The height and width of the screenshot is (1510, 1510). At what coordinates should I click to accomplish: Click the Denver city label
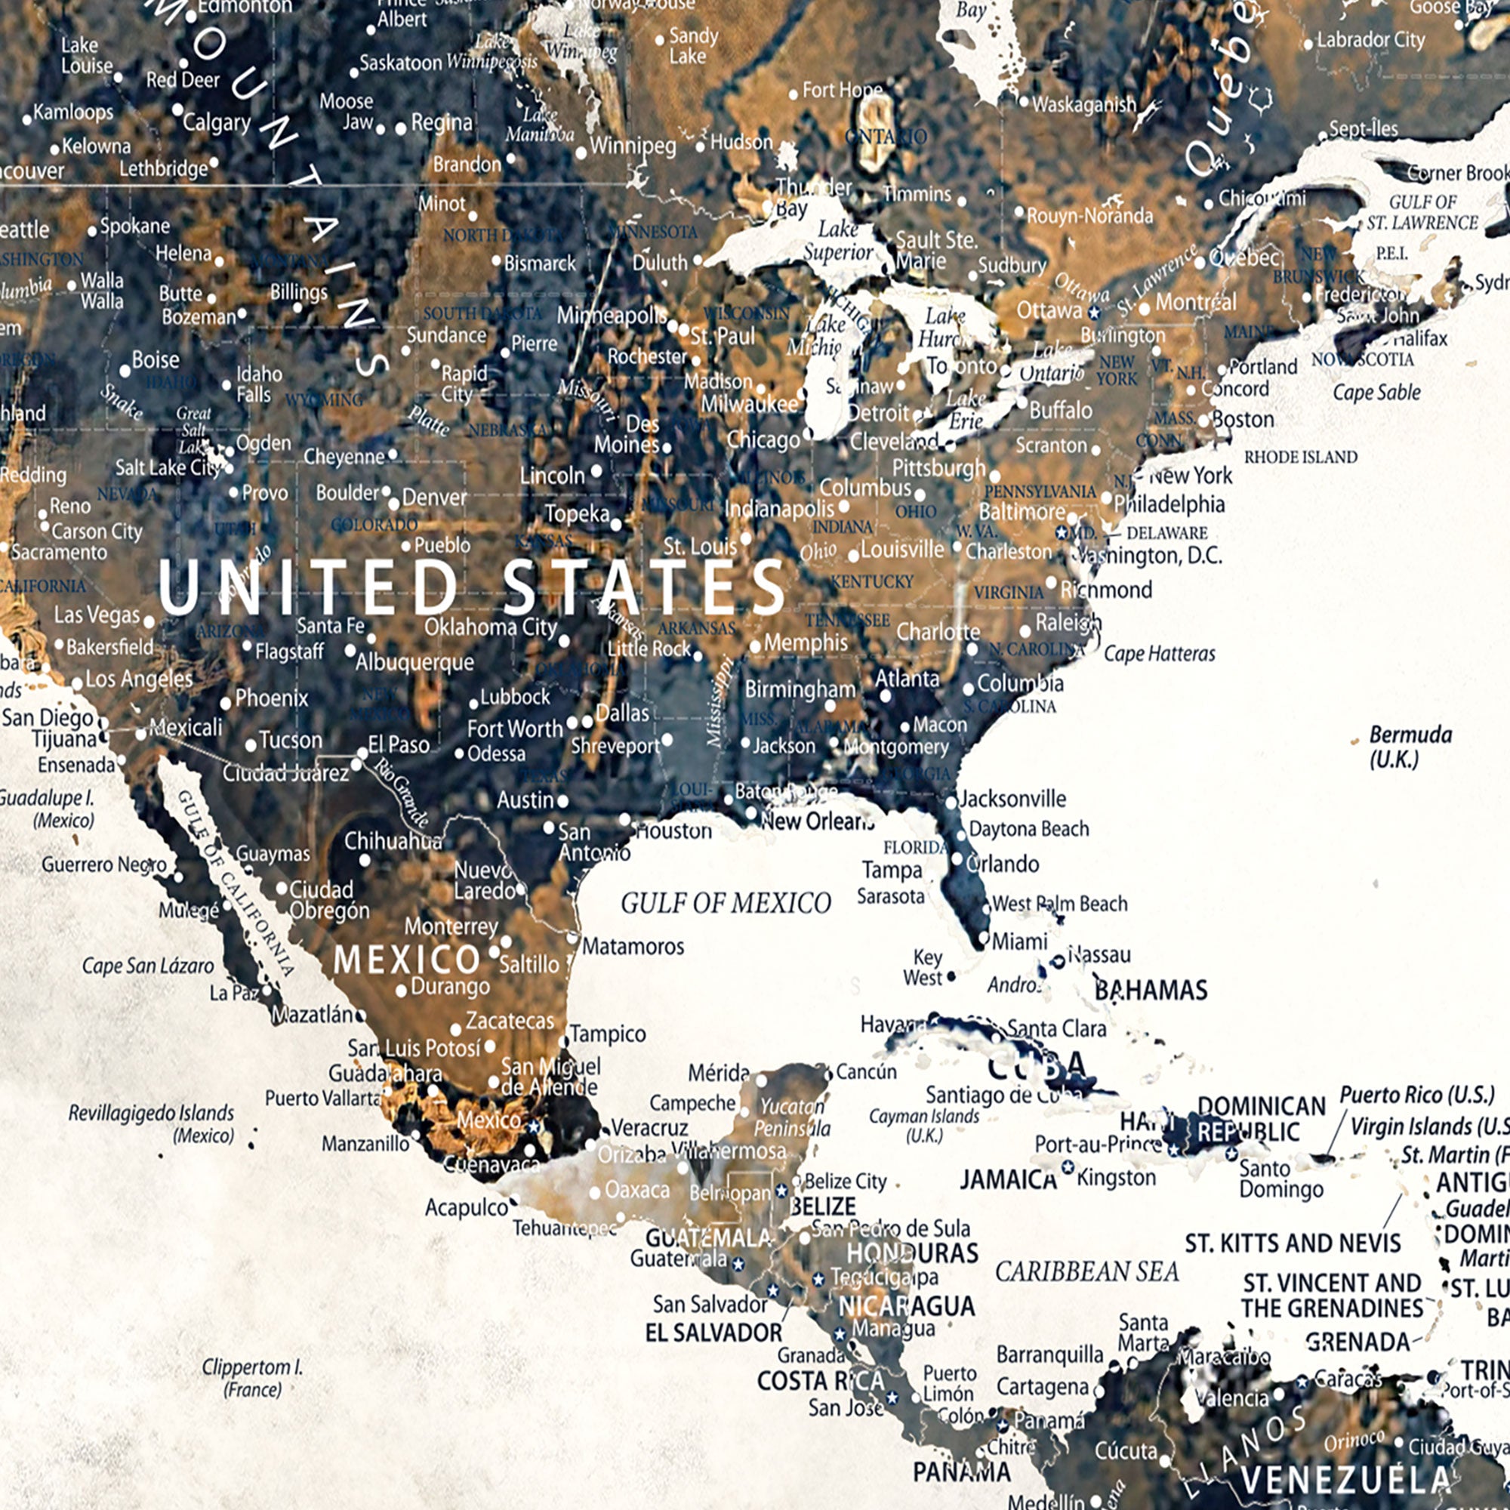point(435,497)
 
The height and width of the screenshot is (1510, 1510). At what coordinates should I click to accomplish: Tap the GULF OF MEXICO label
point(726,904)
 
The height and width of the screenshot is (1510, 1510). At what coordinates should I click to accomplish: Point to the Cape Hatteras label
point(1159,653)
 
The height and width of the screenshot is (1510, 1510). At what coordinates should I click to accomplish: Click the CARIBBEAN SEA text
point(1086,1272)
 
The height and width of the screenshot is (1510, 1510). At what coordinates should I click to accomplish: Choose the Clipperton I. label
point(251,1378)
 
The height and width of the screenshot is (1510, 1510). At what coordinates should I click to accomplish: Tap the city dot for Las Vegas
point(149,622)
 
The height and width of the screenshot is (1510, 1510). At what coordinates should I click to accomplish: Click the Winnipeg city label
point(632,146)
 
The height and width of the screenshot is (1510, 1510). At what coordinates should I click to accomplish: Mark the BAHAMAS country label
point(1151,991)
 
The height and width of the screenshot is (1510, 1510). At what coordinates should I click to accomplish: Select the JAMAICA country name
point(1007,1179)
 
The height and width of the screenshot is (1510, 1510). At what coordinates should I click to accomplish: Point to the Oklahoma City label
point(490,627)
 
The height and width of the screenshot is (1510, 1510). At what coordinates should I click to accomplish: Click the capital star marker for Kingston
point(1068,1167)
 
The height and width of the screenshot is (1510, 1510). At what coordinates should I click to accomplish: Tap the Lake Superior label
point(838,241)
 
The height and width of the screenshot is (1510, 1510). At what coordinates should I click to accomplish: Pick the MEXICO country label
point(406,960)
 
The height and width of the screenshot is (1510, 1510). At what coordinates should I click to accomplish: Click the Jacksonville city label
point(1012,799)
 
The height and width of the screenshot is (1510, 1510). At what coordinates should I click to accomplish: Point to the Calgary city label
point(217,123)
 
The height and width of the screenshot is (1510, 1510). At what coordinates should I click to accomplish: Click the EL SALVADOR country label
point(713,1333)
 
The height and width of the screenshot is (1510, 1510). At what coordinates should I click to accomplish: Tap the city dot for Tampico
point(564,1042)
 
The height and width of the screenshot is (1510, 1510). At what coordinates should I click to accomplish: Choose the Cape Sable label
point(1376,393)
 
